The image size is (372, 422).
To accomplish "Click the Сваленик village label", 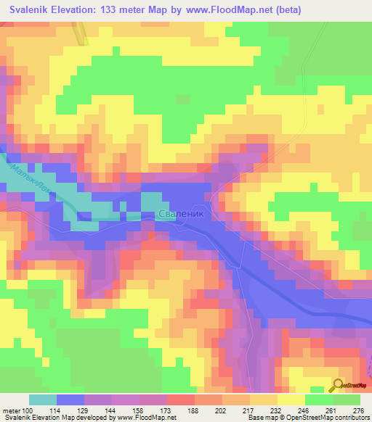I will point(182,215).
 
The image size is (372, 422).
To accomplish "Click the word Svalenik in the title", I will point(32,11).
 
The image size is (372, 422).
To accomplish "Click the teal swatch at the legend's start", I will point(43,400).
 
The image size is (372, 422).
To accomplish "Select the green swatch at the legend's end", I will point(347,400).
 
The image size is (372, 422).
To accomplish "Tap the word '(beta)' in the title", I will point(286,11).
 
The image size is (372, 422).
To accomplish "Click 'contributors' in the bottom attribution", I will point(349,418).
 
